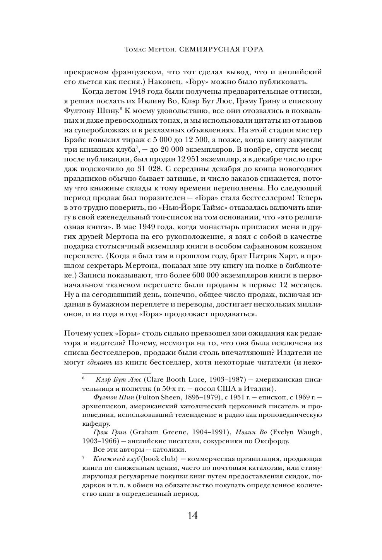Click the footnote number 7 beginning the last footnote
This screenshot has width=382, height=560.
coord(83,458)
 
